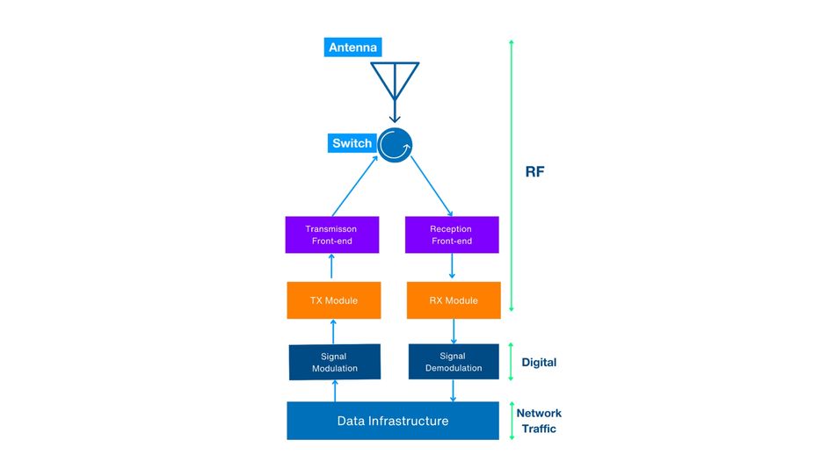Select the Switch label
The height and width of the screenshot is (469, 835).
(x=352, y=143)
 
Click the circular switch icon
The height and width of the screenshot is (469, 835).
(x=396, y=145)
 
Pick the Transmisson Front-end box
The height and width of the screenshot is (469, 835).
(x=331, y=234)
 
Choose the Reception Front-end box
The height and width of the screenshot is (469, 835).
(x=451, y=234)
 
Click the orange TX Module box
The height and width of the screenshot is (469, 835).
(x=333, y=300)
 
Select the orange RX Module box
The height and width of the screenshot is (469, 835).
(x=454, y=300)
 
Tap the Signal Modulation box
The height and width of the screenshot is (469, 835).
(x=334, y=362)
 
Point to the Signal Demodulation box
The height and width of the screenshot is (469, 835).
(x=454, y=362)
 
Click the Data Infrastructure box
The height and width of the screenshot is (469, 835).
(x=393, y=421)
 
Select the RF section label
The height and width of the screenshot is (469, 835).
(x=534, y=171)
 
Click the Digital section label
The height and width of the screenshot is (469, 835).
(x=539, y=362)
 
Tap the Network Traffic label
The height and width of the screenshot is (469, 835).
(x=538, y=421)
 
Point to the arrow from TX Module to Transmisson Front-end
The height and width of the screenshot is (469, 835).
(x=332, y=267)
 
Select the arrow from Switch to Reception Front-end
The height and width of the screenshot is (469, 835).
(x=431, y=188)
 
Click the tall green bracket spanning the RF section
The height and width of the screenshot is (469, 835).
(x=512, y=176)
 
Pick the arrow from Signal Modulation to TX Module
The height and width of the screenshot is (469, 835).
(x=333, y=331)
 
